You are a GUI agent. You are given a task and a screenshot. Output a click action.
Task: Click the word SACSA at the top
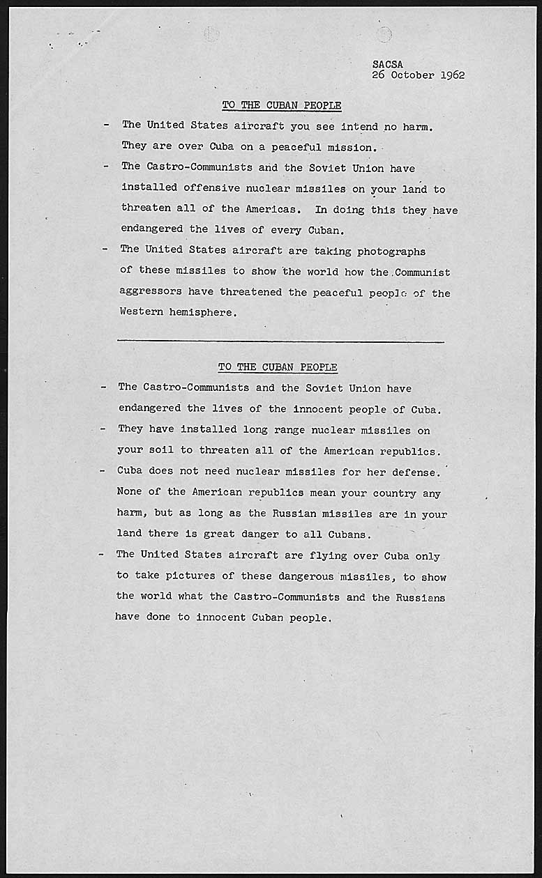pyautogui.click(x=388, y=64)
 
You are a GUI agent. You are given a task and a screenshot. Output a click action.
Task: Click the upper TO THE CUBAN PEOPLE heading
pyautogui.click(x=282, y=105)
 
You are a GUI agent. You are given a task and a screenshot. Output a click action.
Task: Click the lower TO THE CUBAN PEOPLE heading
pyautogui.click(x=278, y=367)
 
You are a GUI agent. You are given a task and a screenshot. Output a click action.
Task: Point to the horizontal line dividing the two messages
pyautogui.click(x=280, y=341)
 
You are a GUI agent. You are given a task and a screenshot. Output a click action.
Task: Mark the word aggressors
pyautogui.click(x=149, y=293)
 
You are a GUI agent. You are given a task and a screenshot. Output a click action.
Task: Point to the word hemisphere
pyautogui.click(x=202, y=312)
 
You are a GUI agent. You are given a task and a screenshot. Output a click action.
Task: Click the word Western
pyautogui.click(x=141, y=312)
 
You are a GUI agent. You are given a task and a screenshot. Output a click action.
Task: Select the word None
pyautogui.click(x=129, y=492)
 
